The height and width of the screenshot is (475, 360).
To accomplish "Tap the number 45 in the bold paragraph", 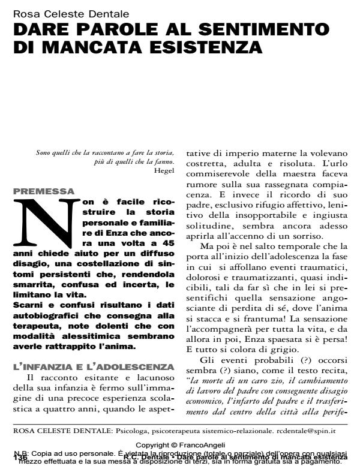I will click(x=168, y=244).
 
